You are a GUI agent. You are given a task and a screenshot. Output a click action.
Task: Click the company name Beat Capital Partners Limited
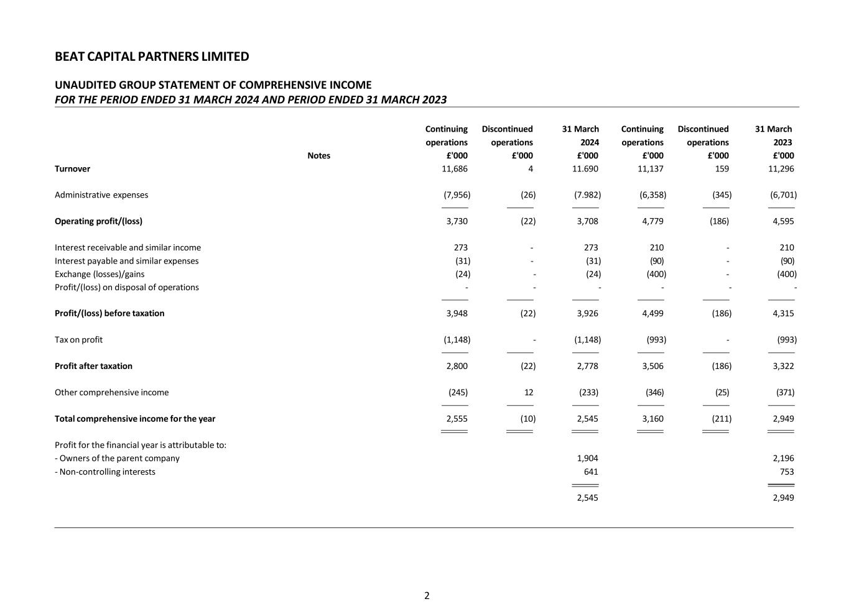click(x=152, y=57)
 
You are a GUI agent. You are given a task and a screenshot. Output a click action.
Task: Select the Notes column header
click(x=318, y=156)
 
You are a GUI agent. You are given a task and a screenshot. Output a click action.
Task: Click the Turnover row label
click(x=72, y=169)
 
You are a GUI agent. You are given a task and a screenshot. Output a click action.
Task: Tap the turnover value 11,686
click(x=455, y=169)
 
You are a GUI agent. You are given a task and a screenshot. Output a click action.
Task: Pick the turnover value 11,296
click(x=781, y=169)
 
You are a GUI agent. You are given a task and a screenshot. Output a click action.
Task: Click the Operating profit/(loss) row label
click(x=98, y=221)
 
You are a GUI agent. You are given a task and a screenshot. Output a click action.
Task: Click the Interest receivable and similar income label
click(x=128, y=248)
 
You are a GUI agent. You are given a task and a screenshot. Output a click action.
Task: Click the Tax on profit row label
click(x=78, y=340)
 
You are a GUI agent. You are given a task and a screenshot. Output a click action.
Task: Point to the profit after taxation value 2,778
click(x=587, y=367)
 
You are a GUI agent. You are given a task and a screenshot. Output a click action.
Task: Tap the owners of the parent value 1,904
click(x=587, y=458)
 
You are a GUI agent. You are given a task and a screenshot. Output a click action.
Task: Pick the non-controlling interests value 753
click(x=786, y=472)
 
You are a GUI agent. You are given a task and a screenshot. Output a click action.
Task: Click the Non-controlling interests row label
click(x=105, y=472)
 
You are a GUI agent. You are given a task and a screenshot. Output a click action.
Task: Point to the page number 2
click(x=427, y=596)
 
